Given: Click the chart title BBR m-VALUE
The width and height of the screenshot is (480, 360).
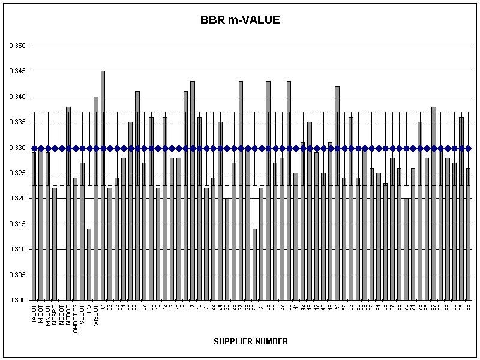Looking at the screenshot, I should click(x=240, y=20).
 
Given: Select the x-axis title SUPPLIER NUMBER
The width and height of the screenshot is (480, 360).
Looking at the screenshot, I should click(x=251, y=341).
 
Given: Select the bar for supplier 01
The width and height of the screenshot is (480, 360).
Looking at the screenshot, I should click(x=103, y=186).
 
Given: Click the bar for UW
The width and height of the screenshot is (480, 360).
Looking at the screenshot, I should click(x=89, y=264).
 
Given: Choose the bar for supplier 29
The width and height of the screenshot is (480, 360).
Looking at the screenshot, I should click(x=254, y=264).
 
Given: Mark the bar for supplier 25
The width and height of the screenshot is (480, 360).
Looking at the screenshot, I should click(x=227, y=249).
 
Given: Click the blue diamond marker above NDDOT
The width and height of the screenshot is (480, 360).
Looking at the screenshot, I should click(x=61, y=148).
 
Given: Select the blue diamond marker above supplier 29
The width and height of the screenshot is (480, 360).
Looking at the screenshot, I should click(x=254, y=148).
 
